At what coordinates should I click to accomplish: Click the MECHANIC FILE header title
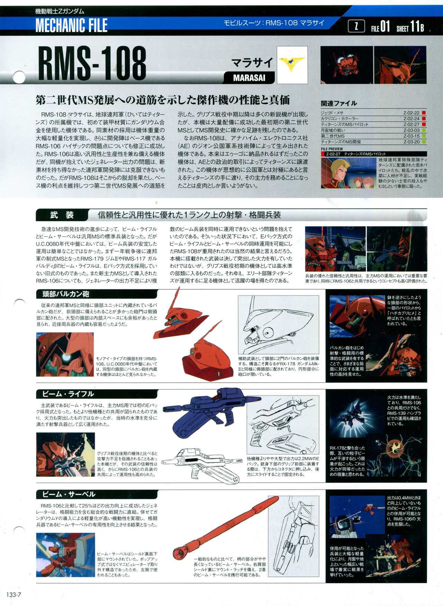click(x=71, y=25)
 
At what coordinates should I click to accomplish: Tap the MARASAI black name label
click(x=249, y=78)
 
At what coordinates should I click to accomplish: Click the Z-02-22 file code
click(x=411, y=113)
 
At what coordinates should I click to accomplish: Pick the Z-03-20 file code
click(x=411, y=142)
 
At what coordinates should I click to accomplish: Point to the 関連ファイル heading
click(x=338, y=103)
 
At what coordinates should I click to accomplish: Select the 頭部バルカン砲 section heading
click(x=66, y=294)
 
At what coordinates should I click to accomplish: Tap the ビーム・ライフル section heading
click(x=68, y=394)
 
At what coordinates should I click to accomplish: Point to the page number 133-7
click(x=14, y=595)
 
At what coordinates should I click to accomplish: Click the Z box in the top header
click(x=356, y=26)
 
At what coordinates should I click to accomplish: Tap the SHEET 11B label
click(x=410, y=26)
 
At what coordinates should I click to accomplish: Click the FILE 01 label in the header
click(x=380, y=26)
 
